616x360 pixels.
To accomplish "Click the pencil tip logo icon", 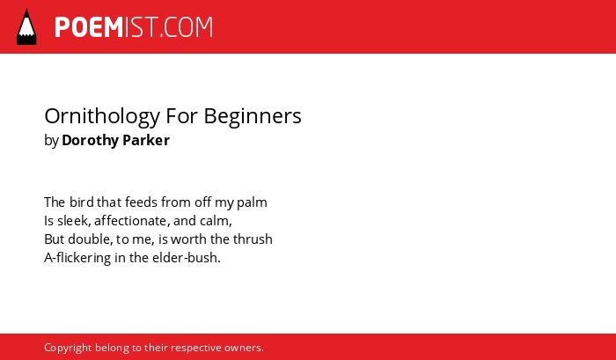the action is [26, 26].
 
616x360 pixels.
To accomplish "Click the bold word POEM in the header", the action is [89, 27].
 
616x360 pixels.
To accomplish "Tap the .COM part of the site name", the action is [187, 27].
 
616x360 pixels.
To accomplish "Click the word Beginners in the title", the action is [253, 117].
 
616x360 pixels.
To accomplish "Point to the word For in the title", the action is [182, 115].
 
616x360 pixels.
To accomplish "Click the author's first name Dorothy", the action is [90, 141].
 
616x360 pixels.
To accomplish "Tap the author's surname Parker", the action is [146, 140].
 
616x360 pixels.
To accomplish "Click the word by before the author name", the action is [51, 141].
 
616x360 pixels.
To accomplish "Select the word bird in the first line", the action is [81, 202].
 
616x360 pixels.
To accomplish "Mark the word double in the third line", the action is [91, 239].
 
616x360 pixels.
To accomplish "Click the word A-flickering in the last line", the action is [77, 258].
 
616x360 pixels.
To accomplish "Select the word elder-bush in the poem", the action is [187, 258].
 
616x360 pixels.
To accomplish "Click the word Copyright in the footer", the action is [68, 349].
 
